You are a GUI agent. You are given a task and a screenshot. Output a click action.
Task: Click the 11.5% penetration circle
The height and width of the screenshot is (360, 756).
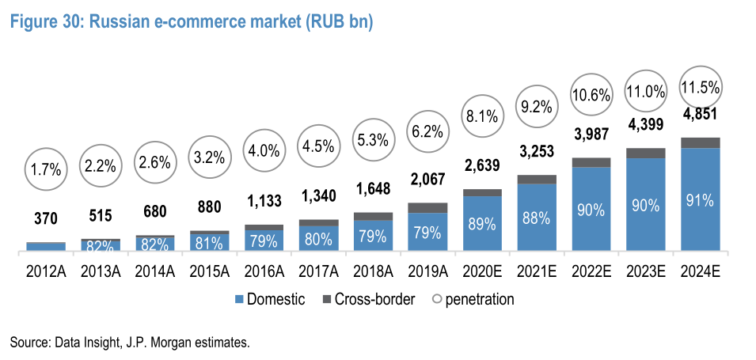click(701, 85)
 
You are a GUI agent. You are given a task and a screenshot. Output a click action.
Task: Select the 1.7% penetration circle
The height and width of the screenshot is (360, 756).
click(45, 169)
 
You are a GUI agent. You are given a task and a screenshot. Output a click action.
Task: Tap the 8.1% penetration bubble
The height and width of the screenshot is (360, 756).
click(482, 116)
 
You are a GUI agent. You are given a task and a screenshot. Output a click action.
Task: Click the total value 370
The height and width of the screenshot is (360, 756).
click(45, 218)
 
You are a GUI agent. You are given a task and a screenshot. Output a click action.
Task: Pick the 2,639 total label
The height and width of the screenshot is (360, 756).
click(482, 165)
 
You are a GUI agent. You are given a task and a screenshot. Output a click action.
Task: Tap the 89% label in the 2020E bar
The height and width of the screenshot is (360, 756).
click(482, 224)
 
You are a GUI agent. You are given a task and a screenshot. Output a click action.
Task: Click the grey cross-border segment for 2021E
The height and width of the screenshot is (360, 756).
click(537, 179)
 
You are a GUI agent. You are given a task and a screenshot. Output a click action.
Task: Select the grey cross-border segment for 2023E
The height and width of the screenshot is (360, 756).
click(646, 153)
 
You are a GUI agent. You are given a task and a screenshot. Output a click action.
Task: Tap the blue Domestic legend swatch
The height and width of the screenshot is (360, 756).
click(238, 300)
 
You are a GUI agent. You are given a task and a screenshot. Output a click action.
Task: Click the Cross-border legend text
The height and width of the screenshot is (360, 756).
click(375, 300)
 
